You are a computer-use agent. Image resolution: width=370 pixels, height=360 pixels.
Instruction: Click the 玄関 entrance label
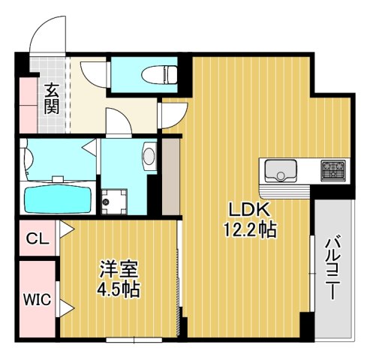51,99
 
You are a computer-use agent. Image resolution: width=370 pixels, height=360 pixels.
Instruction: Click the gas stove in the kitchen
332,170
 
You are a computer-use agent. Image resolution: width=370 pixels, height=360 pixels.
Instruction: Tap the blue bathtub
58,199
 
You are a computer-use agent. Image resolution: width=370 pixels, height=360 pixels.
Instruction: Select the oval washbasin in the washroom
149,157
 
